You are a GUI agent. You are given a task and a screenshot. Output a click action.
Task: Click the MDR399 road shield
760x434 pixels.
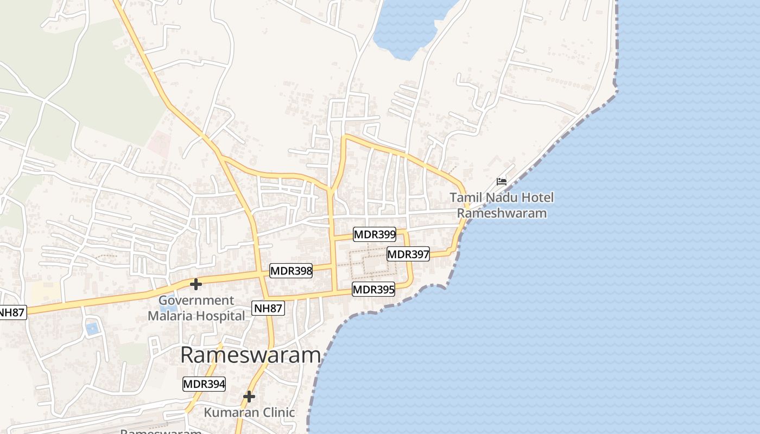(375, 234)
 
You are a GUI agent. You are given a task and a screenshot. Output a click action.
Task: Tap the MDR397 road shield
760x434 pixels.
(408, 254)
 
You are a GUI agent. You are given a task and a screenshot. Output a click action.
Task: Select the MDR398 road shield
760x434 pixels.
(291, 270)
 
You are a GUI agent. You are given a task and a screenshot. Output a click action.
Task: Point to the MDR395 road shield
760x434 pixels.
(373, 289)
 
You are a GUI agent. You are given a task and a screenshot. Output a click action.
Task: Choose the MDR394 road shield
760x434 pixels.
(204, 384)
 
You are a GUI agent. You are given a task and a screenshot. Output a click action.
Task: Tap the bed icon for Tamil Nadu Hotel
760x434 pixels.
(502, 181)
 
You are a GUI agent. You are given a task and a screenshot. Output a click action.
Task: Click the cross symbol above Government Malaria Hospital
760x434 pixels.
(196, 284)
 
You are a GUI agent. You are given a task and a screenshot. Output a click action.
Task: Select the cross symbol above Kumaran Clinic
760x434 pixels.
(249, 397)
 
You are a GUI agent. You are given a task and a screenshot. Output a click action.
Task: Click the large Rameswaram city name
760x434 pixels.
(250, 355)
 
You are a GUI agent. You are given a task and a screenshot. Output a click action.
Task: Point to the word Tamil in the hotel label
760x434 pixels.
(465, 197)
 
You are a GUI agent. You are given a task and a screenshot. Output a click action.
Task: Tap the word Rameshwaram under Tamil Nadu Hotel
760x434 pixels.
(502, 213)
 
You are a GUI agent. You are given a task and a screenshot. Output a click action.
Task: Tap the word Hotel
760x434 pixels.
(536, 197)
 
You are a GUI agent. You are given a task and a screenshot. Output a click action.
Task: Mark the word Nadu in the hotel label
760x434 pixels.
(499, 197)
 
